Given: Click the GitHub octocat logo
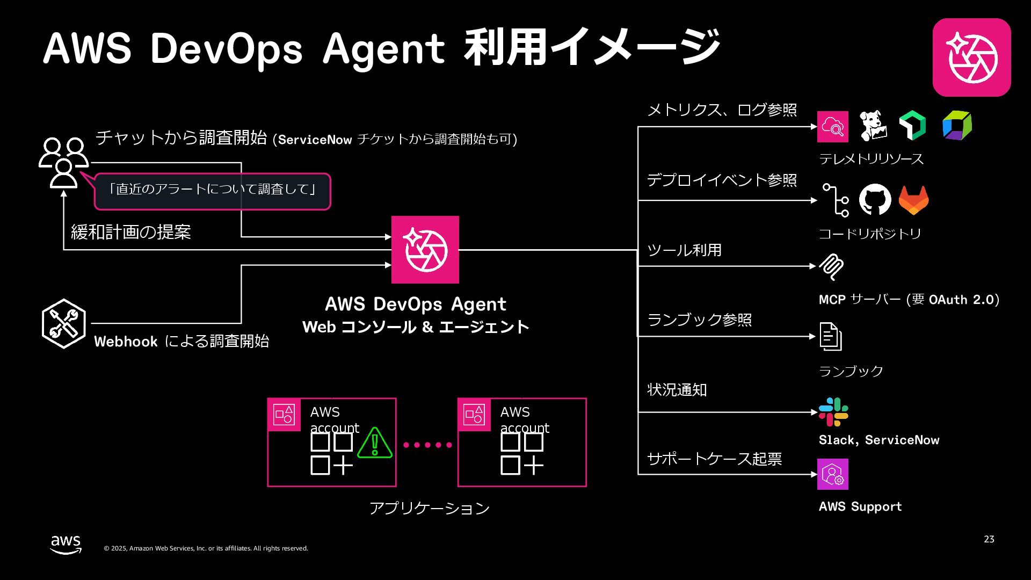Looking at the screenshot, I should pyautogui.click(x=875, y=200).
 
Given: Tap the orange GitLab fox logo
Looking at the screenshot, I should pyautogui.click(x=913, y=201).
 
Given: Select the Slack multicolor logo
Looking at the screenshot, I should pyautogui.click(x=833, y=412).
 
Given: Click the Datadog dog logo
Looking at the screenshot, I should pyautogui.click(x=873, y=126).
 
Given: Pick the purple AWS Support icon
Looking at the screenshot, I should pyautogui.click(x=833, y=474).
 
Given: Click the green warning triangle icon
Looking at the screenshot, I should pyautogui.click(x=375, y=444).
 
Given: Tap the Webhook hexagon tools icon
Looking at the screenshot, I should pyautogui.click(x=64, y=324).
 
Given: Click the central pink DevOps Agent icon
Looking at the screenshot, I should pyautogui.click(x=425, y=250).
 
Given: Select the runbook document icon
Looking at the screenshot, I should pyautogui.click(x=830, y=337).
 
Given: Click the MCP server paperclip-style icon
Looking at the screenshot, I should pyautogui.click(x=831, y=267).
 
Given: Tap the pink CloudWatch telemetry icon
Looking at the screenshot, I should pyautogui.click(x=833, y=127).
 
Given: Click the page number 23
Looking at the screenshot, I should pyautogui.click(x=989, y=539).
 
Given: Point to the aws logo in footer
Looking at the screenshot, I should pyautogui.click(x=66, y=544).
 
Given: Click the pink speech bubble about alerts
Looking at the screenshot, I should pyautogui.click(x=213, y=191).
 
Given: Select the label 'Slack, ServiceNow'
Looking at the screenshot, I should pyautogui.click(x=879, y=440).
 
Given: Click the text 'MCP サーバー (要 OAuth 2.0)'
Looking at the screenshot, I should pyautogui.click(x=909, y=300).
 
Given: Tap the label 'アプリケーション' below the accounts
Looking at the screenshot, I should pyautogui.click(x=430, y=508).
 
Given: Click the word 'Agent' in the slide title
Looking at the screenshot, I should pyautogui.click(x=384, y=49).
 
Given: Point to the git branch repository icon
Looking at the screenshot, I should pyautogui.click(x=836, y=200).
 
